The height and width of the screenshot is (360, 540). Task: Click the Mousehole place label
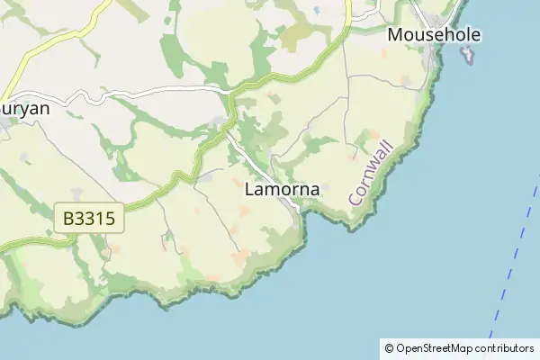pyautogui.click(x=434, y=36)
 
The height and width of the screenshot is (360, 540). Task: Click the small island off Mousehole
pyautogui.click(x=467, y=55)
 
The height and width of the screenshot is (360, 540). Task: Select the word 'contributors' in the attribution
pyautogui.click(x=505, y=348)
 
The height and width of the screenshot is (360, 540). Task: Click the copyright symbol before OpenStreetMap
pyautogui.click(x=389, y=348)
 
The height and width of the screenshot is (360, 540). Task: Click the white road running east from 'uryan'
pyautogui.click(x=135, y=90)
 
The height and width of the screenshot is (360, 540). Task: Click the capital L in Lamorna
pyautogui.click(x=249, y=191)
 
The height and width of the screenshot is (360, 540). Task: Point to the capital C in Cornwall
pyautogui.click(x=356, y=198)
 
